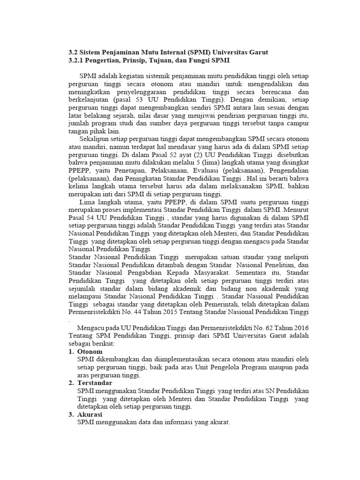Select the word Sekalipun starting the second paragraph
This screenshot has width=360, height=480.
[x=95, y=139]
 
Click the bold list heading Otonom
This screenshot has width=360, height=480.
[x=90, y=352]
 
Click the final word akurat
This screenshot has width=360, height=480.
[x=219, y=423]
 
